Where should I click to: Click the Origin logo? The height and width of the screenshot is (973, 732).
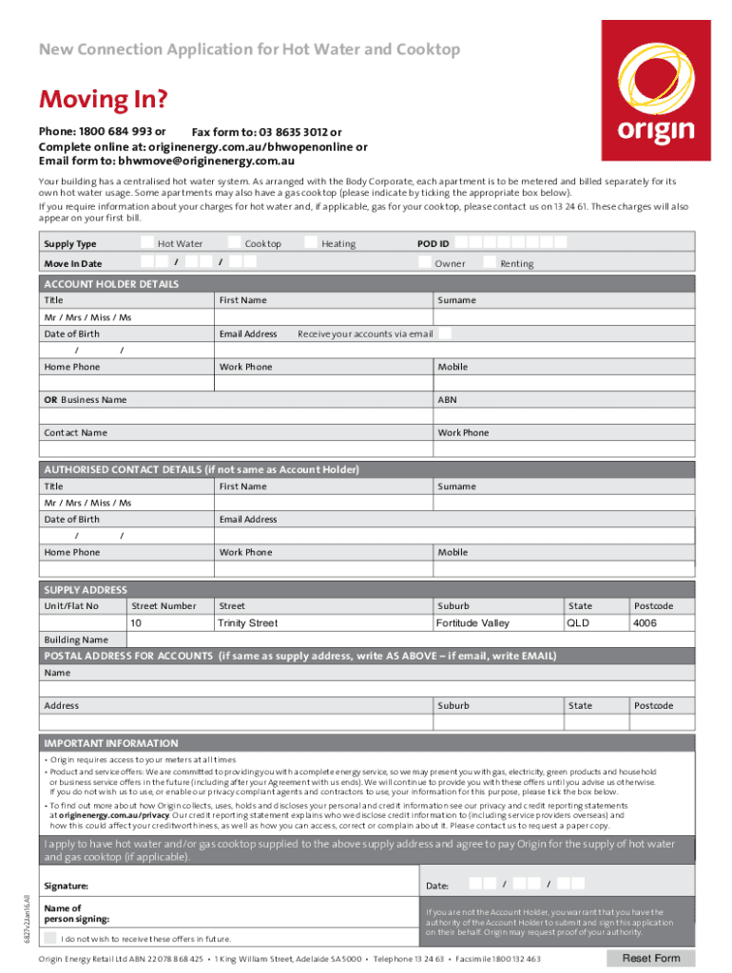(x=656, y=92)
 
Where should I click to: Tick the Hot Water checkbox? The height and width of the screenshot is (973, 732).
(x=148, y=243)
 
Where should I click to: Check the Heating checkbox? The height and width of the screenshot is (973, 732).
(x=311, y=243)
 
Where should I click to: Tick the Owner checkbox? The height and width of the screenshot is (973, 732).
(x=425, y=263)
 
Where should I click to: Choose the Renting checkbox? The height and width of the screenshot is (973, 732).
(x=490, y=263)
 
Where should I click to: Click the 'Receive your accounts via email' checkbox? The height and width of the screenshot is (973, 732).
(x=444, y=334)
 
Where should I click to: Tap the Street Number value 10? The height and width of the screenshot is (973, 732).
(x=137, y=623)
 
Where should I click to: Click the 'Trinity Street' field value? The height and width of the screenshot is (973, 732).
(x=248, y=623)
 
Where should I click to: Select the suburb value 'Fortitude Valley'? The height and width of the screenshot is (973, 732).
(x=472, y=623)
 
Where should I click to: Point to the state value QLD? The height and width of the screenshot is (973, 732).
(x=578, y=623)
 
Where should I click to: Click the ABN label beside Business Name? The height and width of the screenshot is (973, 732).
(x=447, y=400)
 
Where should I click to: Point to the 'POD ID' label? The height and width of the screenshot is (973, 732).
(x=433, y=243)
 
